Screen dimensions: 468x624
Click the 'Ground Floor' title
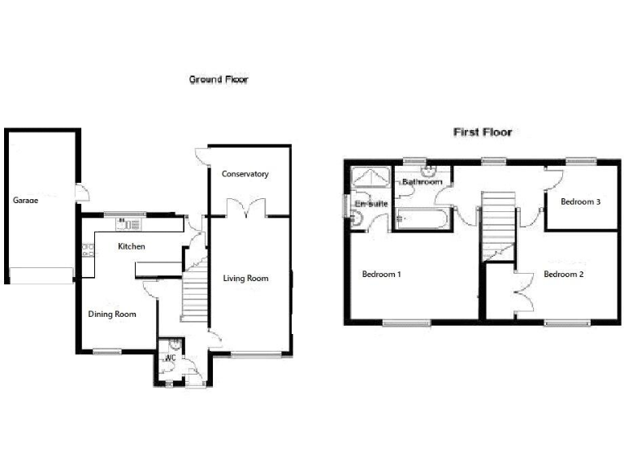tap(219, 80)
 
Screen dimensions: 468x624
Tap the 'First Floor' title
tap(482, 132)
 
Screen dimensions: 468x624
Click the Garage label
tap(25, 199)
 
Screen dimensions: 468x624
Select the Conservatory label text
tap(245, 174)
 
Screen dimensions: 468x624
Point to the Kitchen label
tap(132, 246)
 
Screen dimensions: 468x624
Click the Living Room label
tap(245, 279)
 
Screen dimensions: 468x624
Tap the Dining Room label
tap(112, 314)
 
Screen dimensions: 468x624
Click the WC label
tap(171, 357)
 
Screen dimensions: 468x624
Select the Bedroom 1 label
tap(382, 275)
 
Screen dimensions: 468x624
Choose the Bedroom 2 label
tap(563, 275)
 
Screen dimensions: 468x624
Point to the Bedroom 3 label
tap(580, 202)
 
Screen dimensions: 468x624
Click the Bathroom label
tap(422, 183)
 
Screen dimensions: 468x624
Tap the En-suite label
tap(370, 204)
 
